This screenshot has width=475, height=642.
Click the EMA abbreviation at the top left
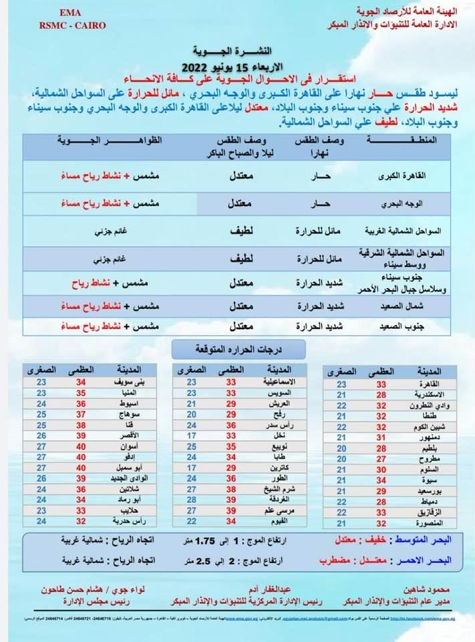click(68, 13)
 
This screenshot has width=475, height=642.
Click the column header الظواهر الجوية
click(93, 140)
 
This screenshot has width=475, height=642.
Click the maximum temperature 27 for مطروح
click(381, 459)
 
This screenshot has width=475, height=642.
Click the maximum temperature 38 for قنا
click(82, 425)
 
